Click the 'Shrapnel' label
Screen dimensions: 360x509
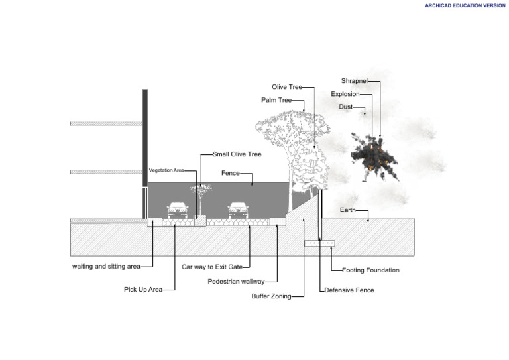354,81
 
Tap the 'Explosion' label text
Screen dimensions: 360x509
345,94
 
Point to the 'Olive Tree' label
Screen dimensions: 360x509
287,87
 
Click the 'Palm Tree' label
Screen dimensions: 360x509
276,101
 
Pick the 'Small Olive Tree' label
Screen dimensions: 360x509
237,154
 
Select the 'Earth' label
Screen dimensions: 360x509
347,210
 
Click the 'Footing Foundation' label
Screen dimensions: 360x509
370,270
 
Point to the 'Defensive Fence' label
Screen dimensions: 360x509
349,290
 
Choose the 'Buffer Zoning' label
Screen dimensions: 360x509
270,296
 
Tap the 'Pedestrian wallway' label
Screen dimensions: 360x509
236,282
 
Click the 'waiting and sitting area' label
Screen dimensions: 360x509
106,267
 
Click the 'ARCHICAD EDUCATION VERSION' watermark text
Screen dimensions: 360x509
465,5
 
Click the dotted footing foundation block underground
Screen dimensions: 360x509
319,244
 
